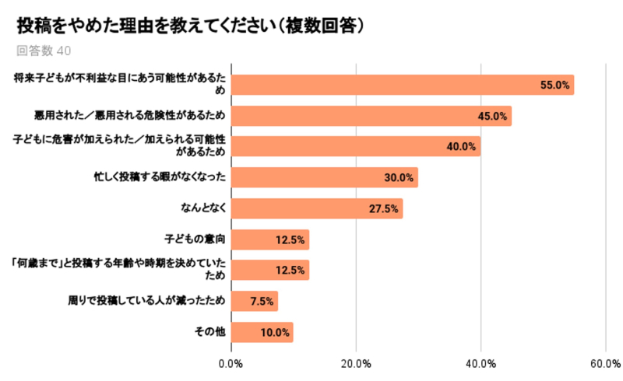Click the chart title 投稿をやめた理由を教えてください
tap(146, 26)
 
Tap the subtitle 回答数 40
tap(44, 51)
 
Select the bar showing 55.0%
tap(403, 85)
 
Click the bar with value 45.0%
tap(371, 116)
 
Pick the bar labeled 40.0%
tap(356, 146)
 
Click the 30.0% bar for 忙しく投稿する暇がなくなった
tap(325, 177)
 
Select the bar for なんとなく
tap(317, 208)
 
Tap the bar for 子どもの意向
tap(270, 239)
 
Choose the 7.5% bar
tap(255, 301)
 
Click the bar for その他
tap(262, 332)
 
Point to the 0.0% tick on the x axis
tap(231, 364)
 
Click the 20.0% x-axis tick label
tap(356, 364)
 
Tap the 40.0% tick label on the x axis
tap(480, 364)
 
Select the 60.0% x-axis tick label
tap(606, 364)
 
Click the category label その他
tap(210, 331)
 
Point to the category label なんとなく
tap(203, 208)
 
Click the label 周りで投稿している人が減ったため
tap(146, 300)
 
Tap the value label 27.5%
tap(383, 208)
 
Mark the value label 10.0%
tap(275, 332)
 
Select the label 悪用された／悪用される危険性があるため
tap(130, 115)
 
